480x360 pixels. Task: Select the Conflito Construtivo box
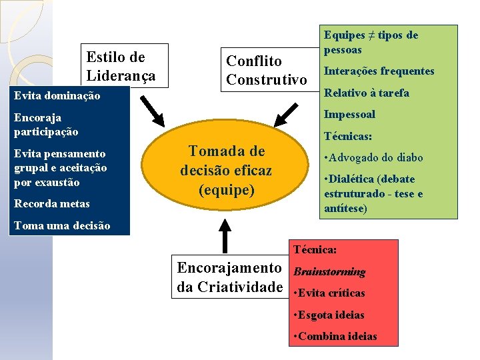tap(266, 71)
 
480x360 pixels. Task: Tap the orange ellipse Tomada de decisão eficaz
tap(226, 170)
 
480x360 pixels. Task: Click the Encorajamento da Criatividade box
tap(230, 277)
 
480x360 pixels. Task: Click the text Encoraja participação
tap(46, 125)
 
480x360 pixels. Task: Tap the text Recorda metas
tap(51, 203)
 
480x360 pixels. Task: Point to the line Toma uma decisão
tap(62, 225)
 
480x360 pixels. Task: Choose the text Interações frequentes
tap(379, 71)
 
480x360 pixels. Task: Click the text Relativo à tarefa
tap(366, 93)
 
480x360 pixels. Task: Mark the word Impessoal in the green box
tap(349, 114)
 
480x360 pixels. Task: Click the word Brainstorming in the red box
tap(329, 272)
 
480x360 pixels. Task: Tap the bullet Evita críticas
tap(329, 293)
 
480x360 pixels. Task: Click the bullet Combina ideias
tap(335, 336)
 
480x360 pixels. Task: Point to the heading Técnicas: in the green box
tap(347, 137)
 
